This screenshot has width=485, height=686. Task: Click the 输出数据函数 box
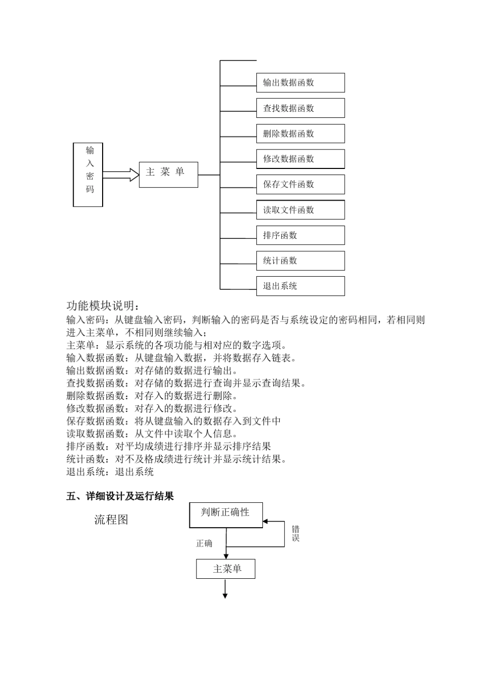tap(300, 83)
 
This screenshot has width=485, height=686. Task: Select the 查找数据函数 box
tap(300, 108)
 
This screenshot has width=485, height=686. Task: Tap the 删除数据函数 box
tap(300, 134)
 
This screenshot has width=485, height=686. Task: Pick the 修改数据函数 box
tap(300, 159)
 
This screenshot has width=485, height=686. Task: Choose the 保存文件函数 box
tap(300, 184)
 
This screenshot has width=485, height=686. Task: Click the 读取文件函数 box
tap(300, 210)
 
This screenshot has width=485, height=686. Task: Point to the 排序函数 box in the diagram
tap(300, 235)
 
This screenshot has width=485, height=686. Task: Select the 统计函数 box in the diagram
tap(300, 261)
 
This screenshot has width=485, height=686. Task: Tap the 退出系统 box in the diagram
tap(300, 286)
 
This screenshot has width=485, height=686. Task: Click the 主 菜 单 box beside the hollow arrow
tap(168, 175)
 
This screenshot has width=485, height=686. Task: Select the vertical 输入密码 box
tap(88, 175)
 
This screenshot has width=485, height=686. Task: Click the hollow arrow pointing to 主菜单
tap(121, 175)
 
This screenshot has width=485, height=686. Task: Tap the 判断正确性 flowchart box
tap(226, 514)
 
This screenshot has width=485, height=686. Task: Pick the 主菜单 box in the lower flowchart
tap(226, 569)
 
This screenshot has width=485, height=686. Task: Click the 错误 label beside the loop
tap(296, 533)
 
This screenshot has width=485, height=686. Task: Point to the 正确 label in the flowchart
tap(204, 543)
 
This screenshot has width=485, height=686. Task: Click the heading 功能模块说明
tap(103, 306)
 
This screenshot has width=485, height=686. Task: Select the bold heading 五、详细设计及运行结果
tap(120, 496)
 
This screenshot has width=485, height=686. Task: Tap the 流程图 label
tap(111, 520)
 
